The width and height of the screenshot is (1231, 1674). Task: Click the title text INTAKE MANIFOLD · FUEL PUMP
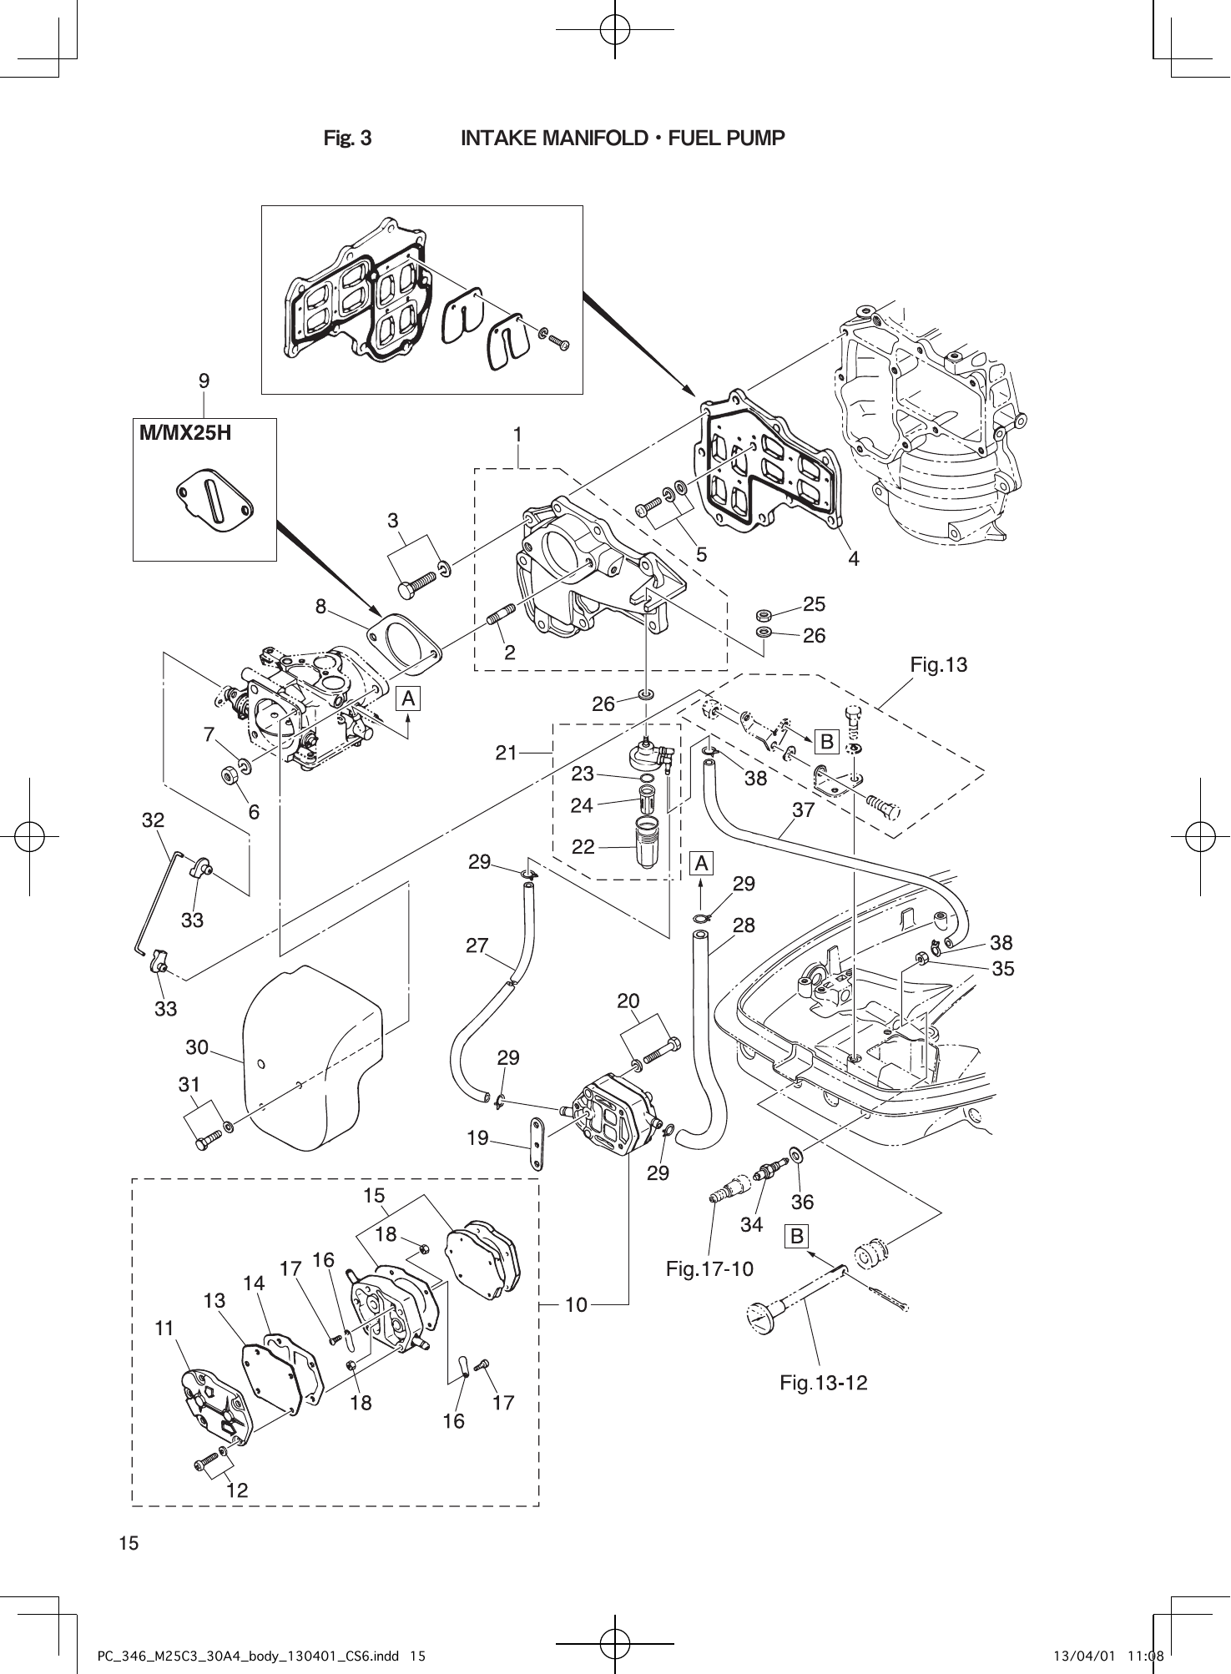pyautogui.click(x=623, y=138)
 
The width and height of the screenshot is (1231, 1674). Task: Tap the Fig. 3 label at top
pyautogui.click(x=347, y=139)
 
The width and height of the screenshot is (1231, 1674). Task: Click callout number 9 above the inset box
pyautogui.click(x=204, y=381)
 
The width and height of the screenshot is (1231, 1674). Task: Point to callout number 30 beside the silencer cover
pyautogui.click(x=197, y=1046)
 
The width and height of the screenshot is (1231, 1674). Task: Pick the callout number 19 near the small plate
pyautogui.click(x=477, y=1137)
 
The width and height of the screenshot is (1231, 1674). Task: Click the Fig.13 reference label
pyautogui.click(x=938, y=665)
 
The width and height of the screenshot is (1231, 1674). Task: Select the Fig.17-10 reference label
pyautogui.click(x=709, y=1269)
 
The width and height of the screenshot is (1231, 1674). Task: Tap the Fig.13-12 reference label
pyautogui.click(x=823, y=1383)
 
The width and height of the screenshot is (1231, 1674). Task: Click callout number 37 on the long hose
pyautogui.click(x=804, y=809)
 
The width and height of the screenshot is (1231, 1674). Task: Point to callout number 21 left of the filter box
pyautogui.click(x=507, y=753)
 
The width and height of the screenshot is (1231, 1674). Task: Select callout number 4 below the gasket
pyautogui.click(x=853, y=559)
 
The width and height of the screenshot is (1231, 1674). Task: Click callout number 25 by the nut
pyautogui.click(x=814, y=603)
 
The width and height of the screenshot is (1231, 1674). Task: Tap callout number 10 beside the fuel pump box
pyautogui.click(x=576, y=1303)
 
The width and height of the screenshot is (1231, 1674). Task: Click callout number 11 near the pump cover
pyautogui.click(x=164, y=1329)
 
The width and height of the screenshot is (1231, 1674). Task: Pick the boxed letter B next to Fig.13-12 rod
pyautogui.click(x=797, y=1236)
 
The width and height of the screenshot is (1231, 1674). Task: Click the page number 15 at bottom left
pyautogui.click(x=129, y=1543)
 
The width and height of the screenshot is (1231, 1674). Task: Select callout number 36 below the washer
pyautogui.click(x=802, y=1202)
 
